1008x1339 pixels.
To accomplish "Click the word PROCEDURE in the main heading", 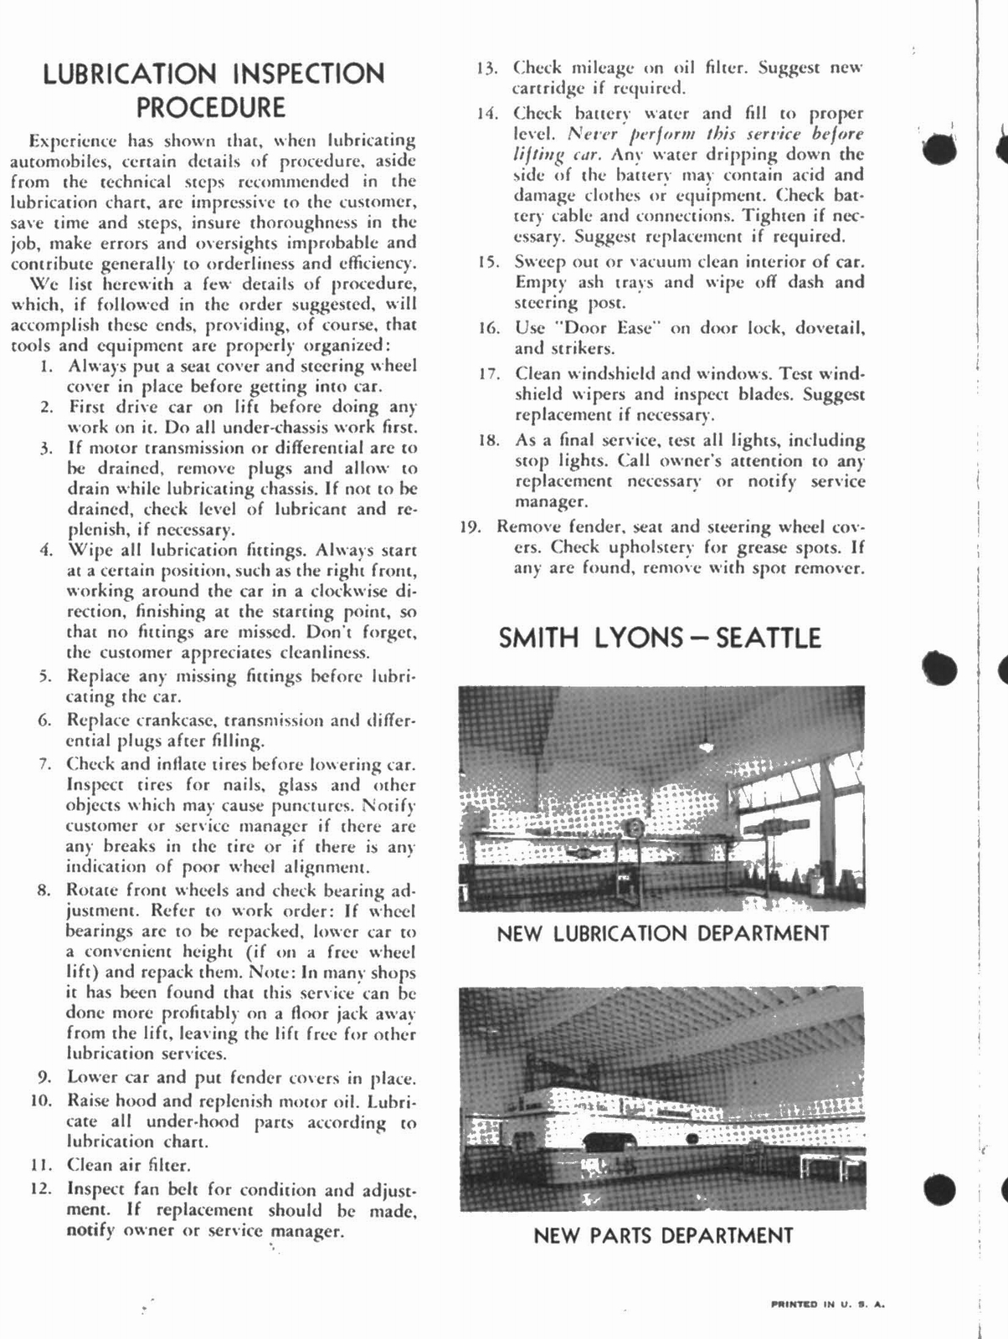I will (211, 107).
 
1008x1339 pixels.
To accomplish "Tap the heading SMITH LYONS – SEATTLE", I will (660, 638).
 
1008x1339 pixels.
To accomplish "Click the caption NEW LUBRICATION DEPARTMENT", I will (662, 933).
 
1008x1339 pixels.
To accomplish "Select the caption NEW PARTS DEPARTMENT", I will (662, 1234).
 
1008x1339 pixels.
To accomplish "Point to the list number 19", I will (474, 527).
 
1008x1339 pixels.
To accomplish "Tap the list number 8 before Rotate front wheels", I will (46, 890).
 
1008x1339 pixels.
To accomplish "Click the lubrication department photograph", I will (661, 798).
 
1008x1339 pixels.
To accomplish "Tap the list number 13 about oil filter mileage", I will (487, 68).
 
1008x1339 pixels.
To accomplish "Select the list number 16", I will (489, 328).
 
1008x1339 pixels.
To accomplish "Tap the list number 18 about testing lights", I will (489, 440).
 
